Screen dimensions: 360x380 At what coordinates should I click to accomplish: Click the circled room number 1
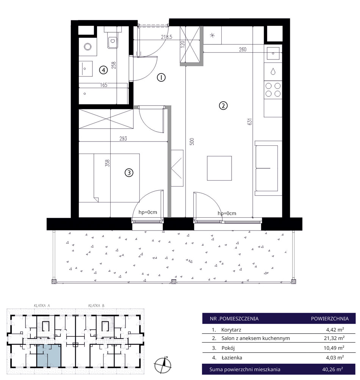[x=161, y=78]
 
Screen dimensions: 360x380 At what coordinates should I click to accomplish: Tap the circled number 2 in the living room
[x=223, y=106]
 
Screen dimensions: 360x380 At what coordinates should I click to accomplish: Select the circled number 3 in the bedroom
[x=129, y=173]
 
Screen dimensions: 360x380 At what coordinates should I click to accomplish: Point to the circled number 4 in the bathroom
[x=103, y=70]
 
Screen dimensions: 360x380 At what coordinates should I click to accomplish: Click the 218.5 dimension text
[x=167, y=37]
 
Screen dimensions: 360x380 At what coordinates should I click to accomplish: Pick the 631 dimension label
[x=250, y=121]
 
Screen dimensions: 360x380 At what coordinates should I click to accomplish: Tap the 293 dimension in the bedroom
[x=123, y=139]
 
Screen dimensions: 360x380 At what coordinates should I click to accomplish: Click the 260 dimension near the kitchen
[x=243, y=50]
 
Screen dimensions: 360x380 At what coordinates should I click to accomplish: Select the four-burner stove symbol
[x=273, y=90]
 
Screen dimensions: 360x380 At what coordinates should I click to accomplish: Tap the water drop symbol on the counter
[x=273, y=72]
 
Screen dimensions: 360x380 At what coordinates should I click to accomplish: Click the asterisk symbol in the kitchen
[x=213, y=35]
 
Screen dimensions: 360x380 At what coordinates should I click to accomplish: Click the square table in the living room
[x=219, y=168]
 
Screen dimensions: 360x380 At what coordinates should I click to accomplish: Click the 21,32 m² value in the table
[x=334, y=338]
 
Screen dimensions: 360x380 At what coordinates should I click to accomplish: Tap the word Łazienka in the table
[x=232, y=357]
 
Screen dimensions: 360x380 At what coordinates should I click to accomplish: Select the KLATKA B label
[x=96, y=305]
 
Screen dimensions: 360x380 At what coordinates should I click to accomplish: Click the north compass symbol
[x=163, y=364]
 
